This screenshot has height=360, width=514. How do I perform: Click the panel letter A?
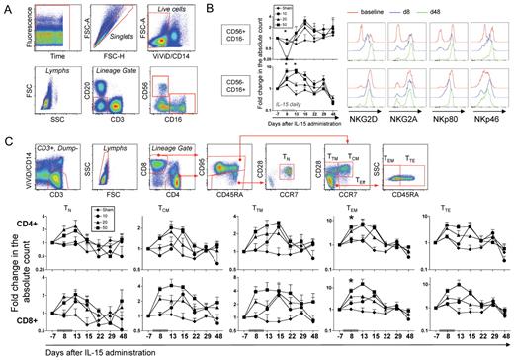[8, 7]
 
